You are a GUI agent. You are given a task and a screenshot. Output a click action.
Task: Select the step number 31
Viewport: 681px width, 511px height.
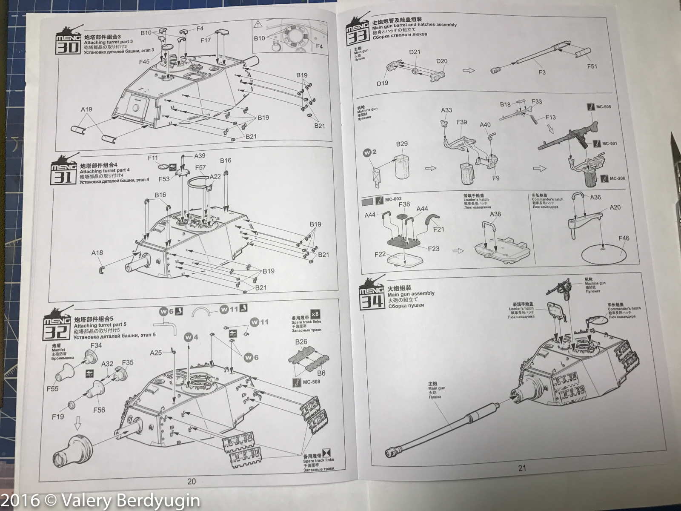pos(63,177)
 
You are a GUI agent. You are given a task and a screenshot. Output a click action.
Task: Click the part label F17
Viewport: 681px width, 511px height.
pos(206,40)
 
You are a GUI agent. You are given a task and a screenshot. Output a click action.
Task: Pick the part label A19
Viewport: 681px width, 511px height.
pos(86,109)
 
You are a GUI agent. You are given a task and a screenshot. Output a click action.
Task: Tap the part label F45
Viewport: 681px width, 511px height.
pos(144,62)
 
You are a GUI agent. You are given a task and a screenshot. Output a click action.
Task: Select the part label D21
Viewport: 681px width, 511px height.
pos(415,52)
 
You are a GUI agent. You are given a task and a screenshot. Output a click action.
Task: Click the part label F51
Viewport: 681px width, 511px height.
pos(592,66)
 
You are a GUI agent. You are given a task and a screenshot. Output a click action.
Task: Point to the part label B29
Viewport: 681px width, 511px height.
pos(402,144)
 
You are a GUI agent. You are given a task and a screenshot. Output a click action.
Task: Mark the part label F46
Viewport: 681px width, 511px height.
pos(624,238)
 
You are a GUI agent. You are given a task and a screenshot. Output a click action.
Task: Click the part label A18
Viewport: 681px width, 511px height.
pos(97,253)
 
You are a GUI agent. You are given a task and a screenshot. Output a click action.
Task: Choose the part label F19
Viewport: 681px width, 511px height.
pos(58,416)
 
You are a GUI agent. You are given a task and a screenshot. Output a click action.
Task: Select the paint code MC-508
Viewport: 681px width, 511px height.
pos(311,382)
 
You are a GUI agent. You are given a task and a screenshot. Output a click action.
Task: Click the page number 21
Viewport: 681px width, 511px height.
pos(522,468)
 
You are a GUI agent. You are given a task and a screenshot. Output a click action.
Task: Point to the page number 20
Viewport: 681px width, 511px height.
pos(192,481)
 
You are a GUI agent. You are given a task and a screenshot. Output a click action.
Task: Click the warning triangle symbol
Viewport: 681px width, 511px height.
pos(258,24)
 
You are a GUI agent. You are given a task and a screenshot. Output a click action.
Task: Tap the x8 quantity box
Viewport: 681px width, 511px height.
pos(315,314)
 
